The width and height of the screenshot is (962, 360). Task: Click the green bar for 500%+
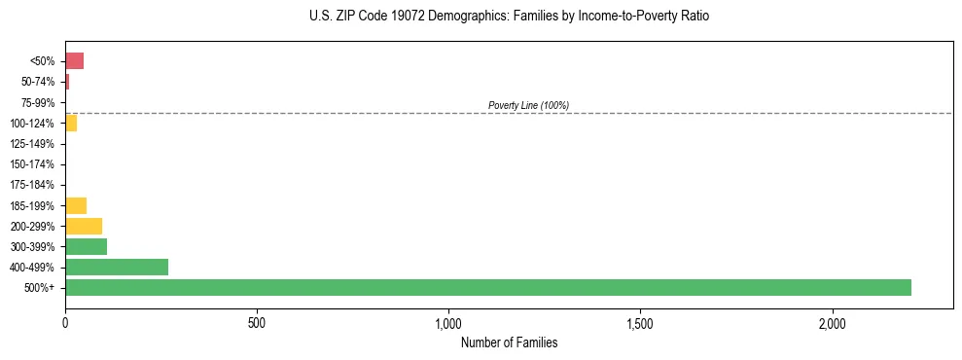click(x=487, y=287)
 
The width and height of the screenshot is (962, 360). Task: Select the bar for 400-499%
click(x=117, y=267)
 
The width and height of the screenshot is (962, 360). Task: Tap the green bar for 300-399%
click(x=86, y=246)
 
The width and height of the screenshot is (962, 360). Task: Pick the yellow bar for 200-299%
click(x=84, y=226)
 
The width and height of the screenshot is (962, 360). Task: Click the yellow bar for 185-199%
click(x=76, y=205)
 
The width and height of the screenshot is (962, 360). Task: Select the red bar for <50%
click(x=74, y=61)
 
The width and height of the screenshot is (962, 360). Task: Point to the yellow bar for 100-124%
click(x=71, y=124)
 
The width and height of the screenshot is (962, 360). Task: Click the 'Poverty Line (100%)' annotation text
click(x=528, y=105)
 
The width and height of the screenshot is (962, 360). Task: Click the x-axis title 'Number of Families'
click(x=509, y=342)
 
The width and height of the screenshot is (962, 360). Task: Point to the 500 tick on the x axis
click(x=257, y=323)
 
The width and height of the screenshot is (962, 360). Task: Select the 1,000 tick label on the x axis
click(x=448, y=323)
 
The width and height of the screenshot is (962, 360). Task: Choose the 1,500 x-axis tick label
click(x=640, y=323)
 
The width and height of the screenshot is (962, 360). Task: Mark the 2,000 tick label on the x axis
click(x=833, y=323)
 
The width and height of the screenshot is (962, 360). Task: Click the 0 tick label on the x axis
click(x=65, y=323)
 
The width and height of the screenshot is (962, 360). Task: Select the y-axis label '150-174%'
click(x=33, y=164)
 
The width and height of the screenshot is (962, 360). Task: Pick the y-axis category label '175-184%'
click(x=33, y=185)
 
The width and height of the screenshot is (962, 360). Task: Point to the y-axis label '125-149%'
click(x=33, y=144)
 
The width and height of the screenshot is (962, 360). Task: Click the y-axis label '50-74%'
click(x=38, y=82)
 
